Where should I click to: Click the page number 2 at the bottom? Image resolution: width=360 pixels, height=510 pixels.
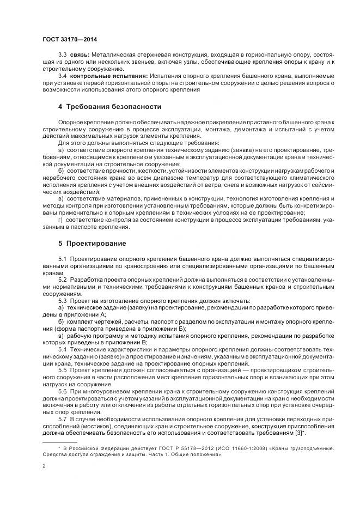click(44, 466)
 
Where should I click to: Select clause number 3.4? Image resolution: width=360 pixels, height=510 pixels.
click(62, 76)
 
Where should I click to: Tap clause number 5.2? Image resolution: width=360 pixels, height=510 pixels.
click(62, 280)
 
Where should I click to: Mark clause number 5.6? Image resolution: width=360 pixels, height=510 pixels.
click(62, 391)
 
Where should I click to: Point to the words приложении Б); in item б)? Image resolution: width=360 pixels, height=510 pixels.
click(164, 329)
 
